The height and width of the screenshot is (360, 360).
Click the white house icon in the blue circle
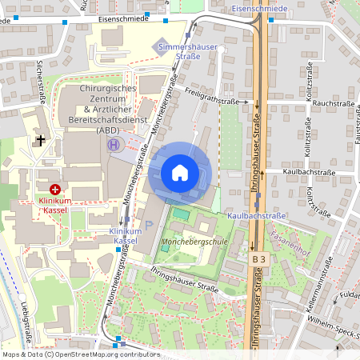tap(180, 173)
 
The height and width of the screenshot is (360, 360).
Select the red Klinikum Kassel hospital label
tap(55, 205)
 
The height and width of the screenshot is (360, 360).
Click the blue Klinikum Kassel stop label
tap(126, 235)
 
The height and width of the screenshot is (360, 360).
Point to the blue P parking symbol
tap(149, 226)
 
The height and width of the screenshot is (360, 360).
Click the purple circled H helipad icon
tap(114, 145)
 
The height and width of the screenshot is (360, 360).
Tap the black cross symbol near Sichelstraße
tap(40, 141)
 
